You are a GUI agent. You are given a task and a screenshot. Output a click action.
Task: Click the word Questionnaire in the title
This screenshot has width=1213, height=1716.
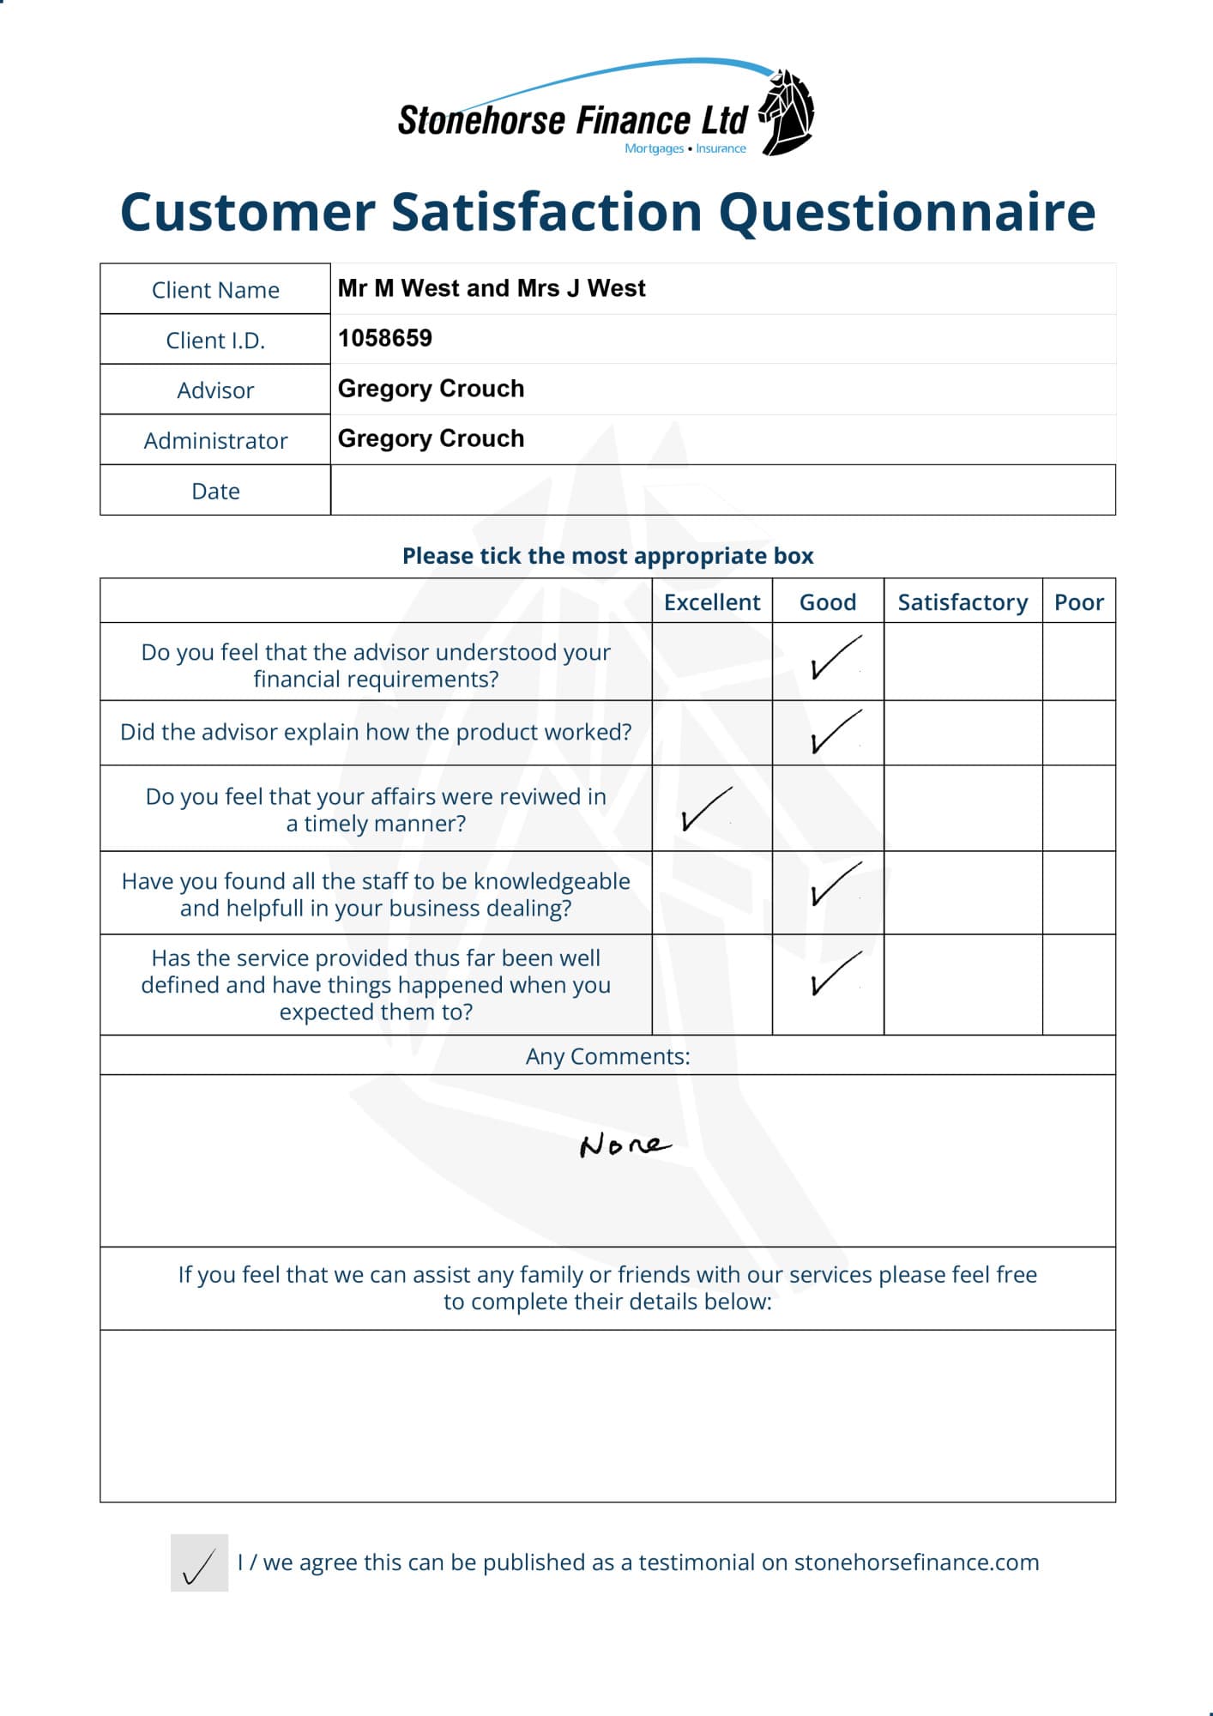[907, 212]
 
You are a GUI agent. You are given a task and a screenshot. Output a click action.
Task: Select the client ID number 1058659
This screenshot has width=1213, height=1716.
[385, 338]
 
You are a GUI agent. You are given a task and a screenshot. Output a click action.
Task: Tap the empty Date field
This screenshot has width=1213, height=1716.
[722, 490]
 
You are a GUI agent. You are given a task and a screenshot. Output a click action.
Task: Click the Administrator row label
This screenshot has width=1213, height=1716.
[215, 441]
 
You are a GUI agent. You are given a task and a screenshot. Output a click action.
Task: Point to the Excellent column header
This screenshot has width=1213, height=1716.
[712, 602]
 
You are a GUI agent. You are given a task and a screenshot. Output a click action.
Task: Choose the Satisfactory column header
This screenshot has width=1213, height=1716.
[963, 602]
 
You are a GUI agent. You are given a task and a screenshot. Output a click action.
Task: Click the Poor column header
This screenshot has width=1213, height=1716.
[1078, 602]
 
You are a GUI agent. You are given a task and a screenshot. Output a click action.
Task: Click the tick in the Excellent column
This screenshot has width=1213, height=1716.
[706, 809]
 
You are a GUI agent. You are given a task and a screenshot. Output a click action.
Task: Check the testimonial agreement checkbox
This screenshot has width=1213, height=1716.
[199, 1562]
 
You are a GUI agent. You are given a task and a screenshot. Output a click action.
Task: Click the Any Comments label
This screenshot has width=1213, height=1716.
[607, 1056]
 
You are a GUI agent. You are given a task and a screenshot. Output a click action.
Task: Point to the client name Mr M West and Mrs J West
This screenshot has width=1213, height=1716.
[492, 288]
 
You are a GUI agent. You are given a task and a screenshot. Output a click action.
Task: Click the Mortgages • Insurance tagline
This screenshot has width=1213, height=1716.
[685, 148]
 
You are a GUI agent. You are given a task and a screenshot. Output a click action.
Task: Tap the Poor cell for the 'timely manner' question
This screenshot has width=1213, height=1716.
[1078, 808]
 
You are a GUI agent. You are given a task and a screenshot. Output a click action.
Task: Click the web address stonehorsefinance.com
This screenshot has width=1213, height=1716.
[916, 1562]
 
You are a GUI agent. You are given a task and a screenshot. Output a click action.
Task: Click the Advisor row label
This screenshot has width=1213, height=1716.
[215, 390]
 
